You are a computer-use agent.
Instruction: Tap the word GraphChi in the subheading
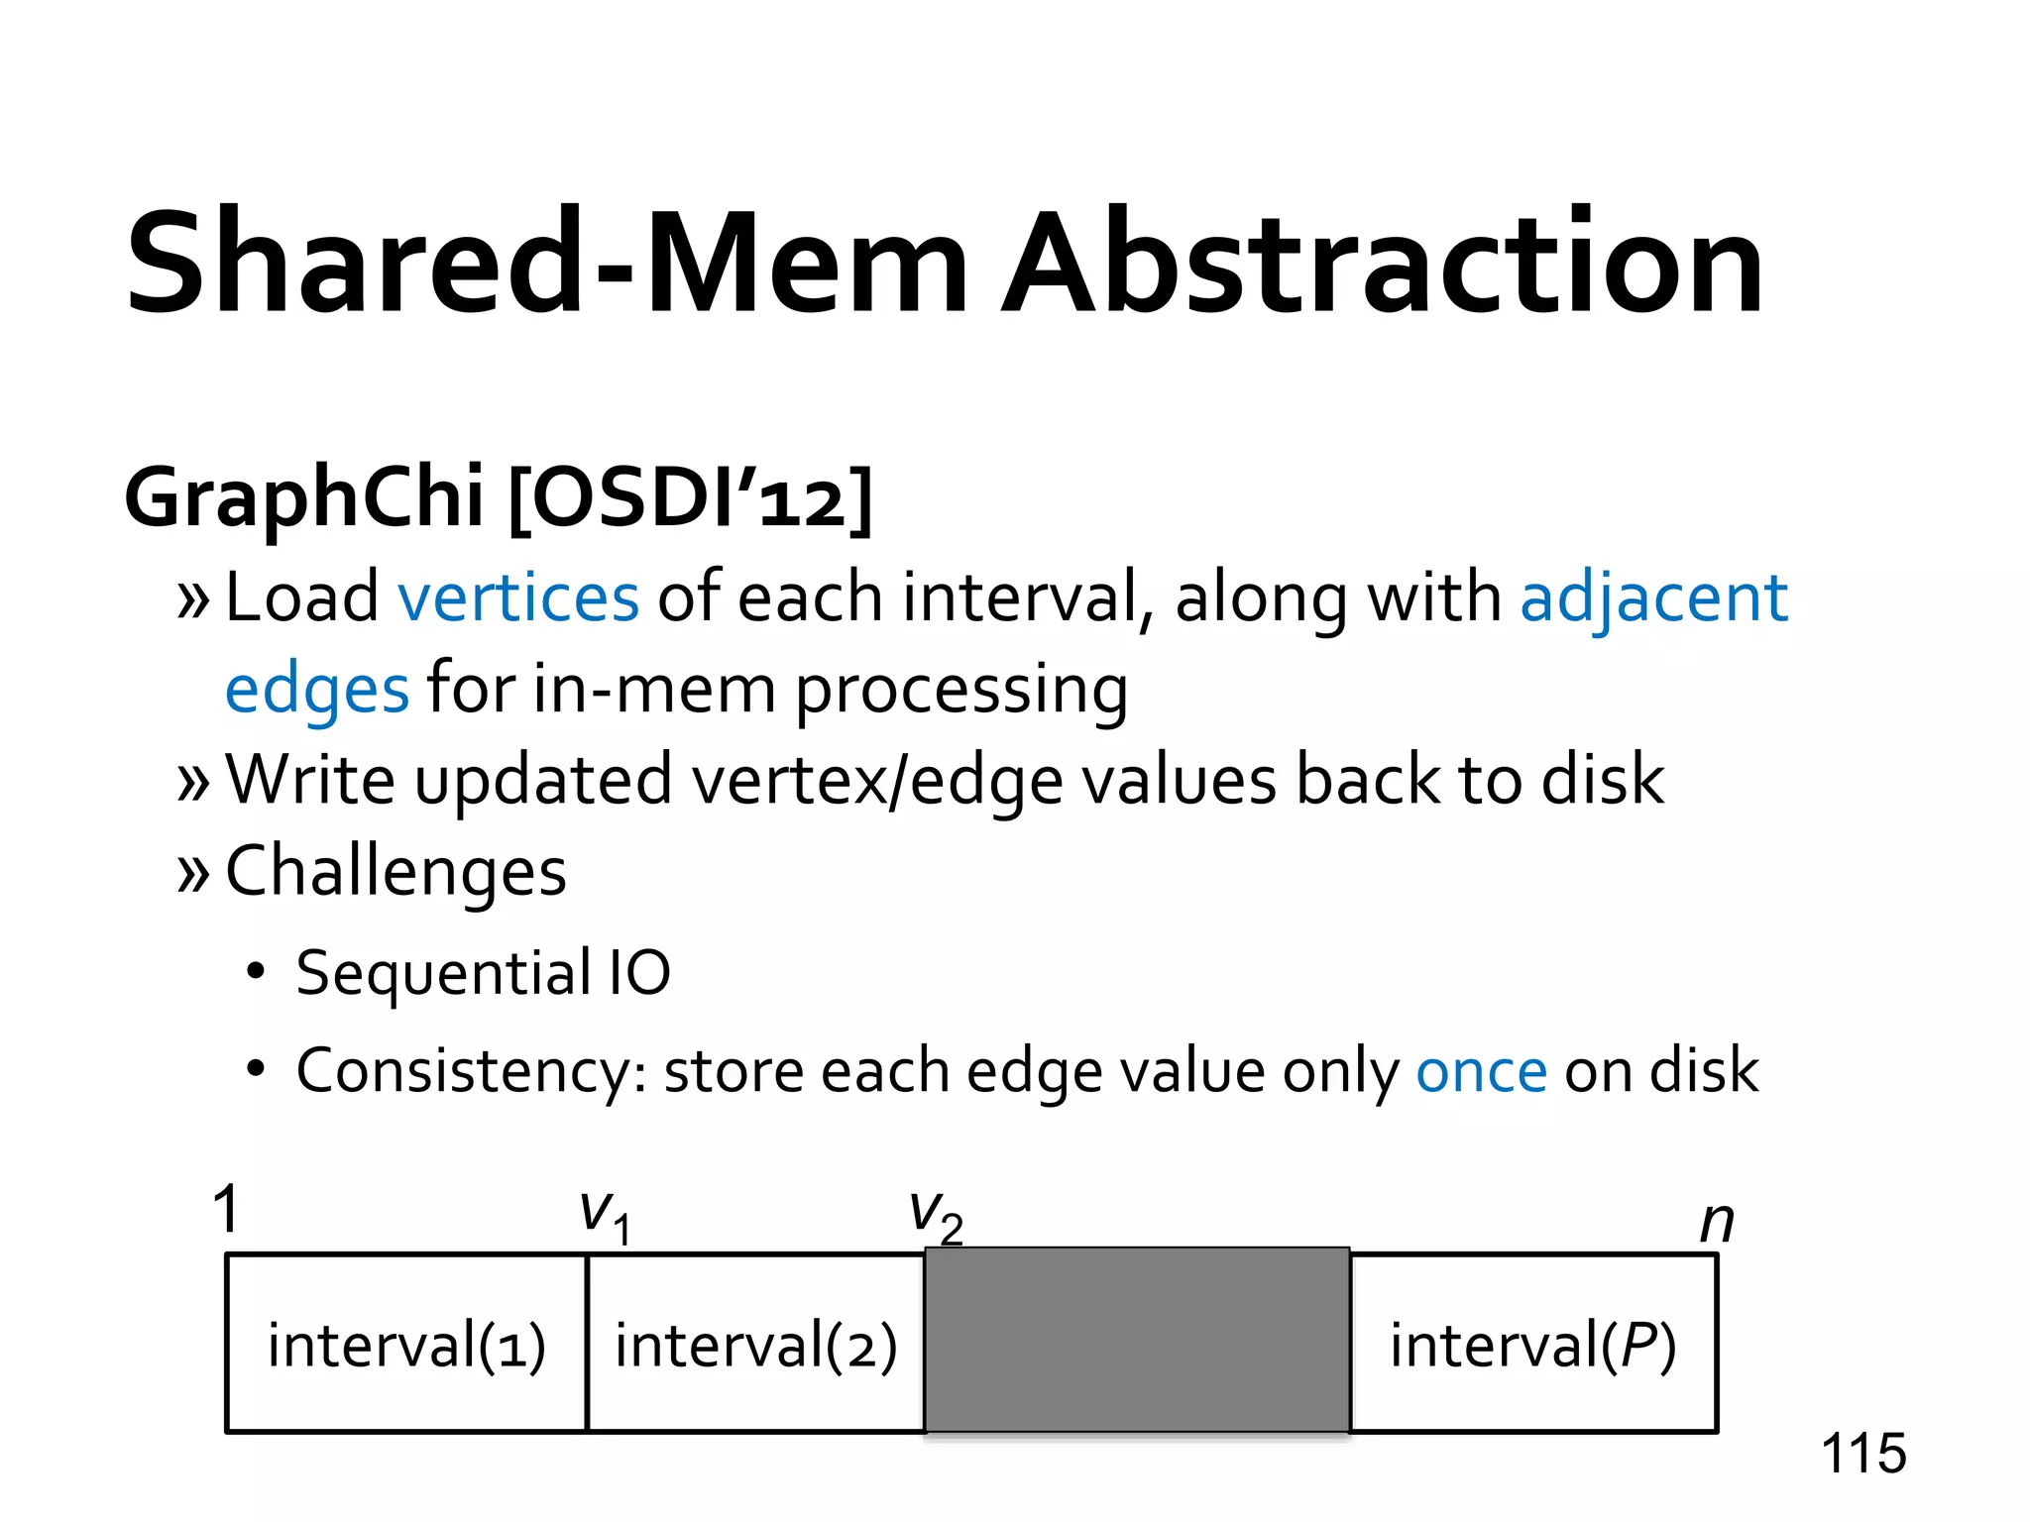(303, 497)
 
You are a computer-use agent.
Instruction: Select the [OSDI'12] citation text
(690, 497)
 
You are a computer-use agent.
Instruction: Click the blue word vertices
(518, 598)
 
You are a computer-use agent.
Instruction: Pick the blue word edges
(316, 691)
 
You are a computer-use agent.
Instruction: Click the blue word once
(1481, 1072)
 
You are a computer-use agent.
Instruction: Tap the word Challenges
(395, 872)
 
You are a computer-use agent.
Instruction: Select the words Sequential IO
(483, 973)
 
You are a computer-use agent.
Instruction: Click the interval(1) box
(406, 1345)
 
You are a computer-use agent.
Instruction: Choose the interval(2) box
(755, 1345)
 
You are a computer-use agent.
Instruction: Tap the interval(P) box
(1532, 1345)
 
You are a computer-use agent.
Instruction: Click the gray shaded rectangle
(1137, 1340)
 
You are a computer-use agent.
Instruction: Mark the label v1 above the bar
(605, 1215)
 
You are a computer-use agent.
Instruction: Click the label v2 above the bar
(936, 1215)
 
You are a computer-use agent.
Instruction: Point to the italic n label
(1716, 1223)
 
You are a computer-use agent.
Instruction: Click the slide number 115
(1862, 1454)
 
